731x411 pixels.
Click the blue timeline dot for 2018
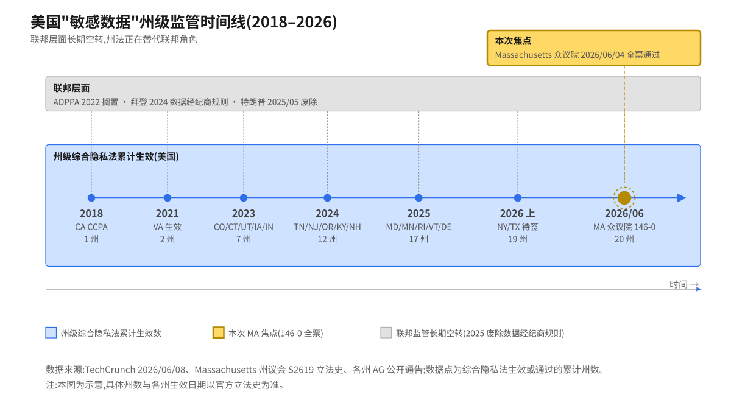91,198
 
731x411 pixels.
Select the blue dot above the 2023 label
244,198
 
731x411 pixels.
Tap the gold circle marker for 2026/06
624,198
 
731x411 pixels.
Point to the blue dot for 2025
418,198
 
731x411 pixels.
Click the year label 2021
168,213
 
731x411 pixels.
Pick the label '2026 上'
518,213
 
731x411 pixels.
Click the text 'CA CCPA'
91,227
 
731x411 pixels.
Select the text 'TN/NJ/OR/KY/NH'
327,227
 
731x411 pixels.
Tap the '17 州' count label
418,239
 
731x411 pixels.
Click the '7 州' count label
244,239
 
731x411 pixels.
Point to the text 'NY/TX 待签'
518,227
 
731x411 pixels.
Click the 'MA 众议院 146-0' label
624,227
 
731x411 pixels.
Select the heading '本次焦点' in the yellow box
513,41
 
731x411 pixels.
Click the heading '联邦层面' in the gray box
71,88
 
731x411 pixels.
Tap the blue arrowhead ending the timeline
682,198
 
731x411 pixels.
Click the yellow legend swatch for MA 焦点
218,332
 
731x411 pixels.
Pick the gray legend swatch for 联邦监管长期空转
386,332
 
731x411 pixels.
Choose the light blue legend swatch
51,332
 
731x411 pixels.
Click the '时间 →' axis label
684,284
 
